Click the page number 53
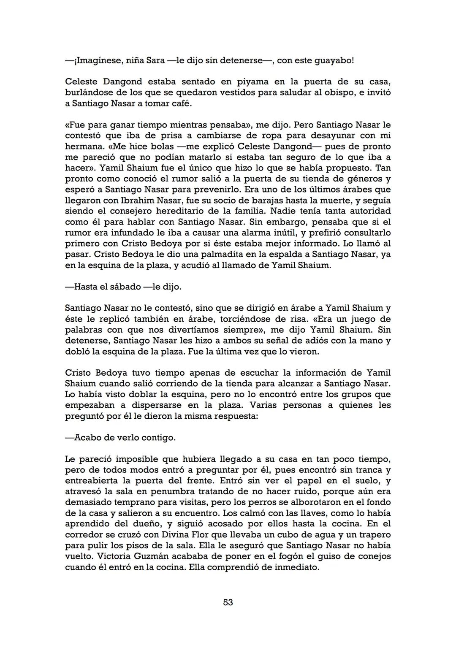228,602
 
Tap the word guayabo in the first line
331,60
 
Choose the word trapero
375,535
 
